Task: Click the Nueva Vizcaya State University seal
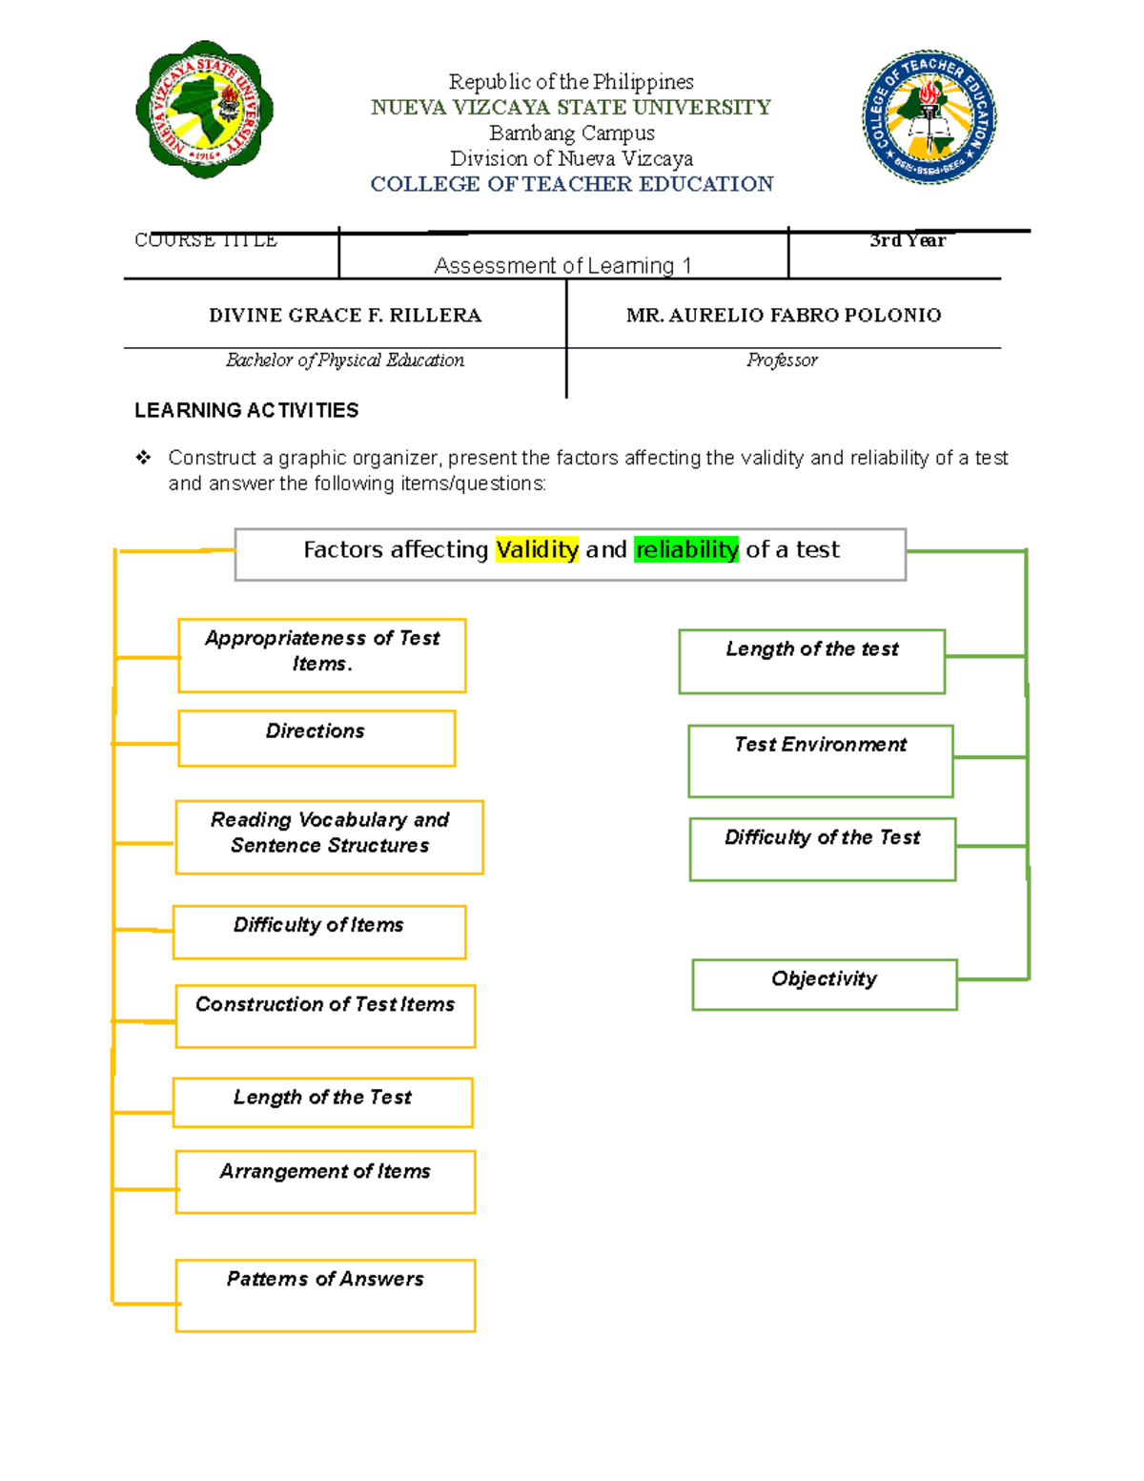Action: coord(204,109)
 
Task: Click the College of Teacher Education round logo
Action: coord(929,117)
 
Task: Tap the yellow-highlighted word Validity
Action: coord(537,549)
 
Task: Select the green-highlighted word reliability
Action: coord(686,549)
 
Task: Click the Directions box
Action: coord(317,737)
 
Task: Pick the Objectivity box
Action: coord(825,984)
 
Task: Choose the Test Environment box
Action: coord(821,760)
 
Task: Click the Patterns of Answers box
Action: coord(325,1295)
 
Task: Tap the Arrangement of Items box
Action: coord(325,1182)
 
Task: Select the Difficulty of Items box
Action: coord(319,932)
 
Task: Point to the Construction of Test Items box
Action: coord(325,1016)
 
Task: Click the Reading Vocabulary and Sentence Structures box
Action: coord(330,836)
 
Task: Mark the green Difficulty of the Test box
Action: coord(823,849)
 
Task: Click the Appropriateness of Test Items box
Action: coord(322,655)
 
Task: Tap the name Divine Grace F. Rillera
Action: coord(345,316)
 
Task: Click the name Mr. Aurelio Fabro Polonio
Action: coord(784,316)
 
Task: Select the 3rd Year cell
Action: coord(907,241)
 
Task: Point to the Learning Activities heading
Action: coord(247,411)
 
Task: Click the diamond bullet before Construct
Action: coord(143,458)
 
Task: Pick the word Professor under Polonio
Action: coord(782,360)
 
